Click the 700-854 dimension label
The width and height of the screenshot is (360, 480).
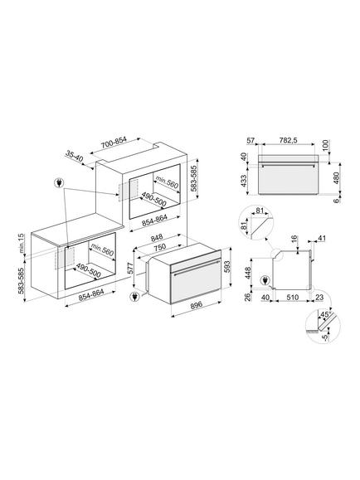[x=114, y=143]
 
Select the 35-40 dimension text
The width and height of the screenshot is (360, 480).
[x=74, y=157]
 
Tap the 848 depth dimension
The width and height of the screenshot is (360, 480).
[x=157, y=237]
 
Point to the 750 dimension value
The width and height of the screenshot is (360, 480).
[x=159, y=247]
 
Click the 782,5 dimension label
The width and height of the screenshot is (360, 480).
[x=289, y=140]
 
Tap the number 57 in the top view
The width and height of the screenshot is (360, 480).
[x=251, y=140]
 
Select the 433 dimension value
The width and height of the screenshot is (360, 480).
[x=244, y=182]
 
